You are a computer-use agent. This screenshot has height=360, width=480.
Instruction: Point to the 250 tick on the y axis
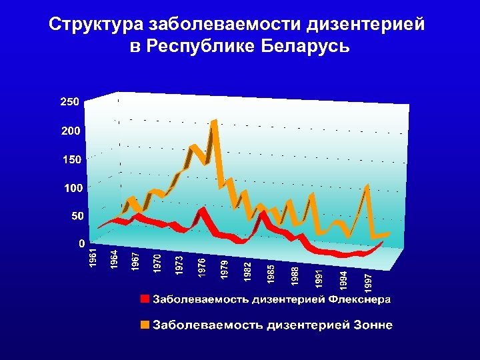tap(70, 102)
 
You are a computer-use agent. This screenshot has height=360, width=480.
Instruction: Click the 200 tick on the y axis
tap(70, 131)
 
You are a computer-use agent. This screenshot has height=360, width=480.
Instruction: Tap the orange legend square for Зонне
tap(145, 325)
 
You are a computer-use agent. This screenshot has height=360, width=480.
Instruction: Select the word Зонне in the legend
tap(371, 325)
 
